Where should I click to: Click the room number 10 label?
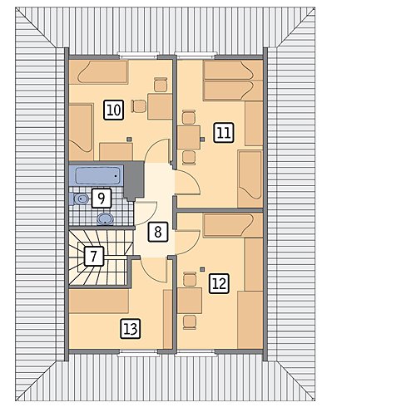pyautogui.click(x=114, y=110)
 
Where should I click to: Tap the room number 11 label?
pyautogui.click(x=224, y=133)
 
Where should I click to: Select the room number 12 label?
pyautogui.click(x=219, y=283)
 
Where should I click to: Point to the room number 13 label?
pyautogui.click(x=131, y=329)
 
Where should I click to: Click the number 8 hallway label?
pyautogui.click(x=158, y=232)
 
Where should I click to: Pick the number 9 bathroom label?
pyautogui.click(x=102, y=198)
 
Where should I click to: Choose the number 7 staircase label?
pyautogui.click(x=94, y=256)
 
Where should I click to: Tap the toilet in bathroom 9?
pyautogui.click(x=79, y=199)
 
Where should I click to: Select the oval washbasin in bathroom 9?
pyautogui.click(x=105, y=218)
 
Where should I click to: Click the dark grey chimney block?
pyautogui.click(x=134, y=180)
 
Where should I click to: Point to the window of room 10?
pyautogui.click(x=139, y=55)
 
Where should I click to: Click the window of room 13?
pyautogui.click(x=138, y=353)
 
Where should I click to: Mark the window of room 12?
pyautogui.click(x=196, y=353)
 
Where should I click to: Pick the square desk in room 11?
pyautogui.click(x=189, y=137)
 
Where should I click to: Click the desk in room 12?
pyautogui.click(x=190, y=301)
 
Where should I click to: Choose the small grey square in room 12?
pyautogui.click(x=202, y=269)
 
